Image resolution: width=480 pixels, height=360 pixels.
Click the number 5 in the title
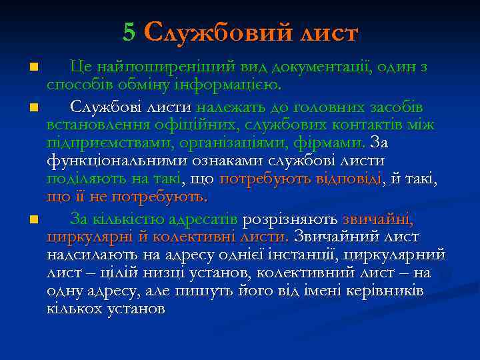tap(129, 32)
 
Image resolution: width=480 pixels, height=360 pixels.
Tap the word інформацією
tap(234, 85)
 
